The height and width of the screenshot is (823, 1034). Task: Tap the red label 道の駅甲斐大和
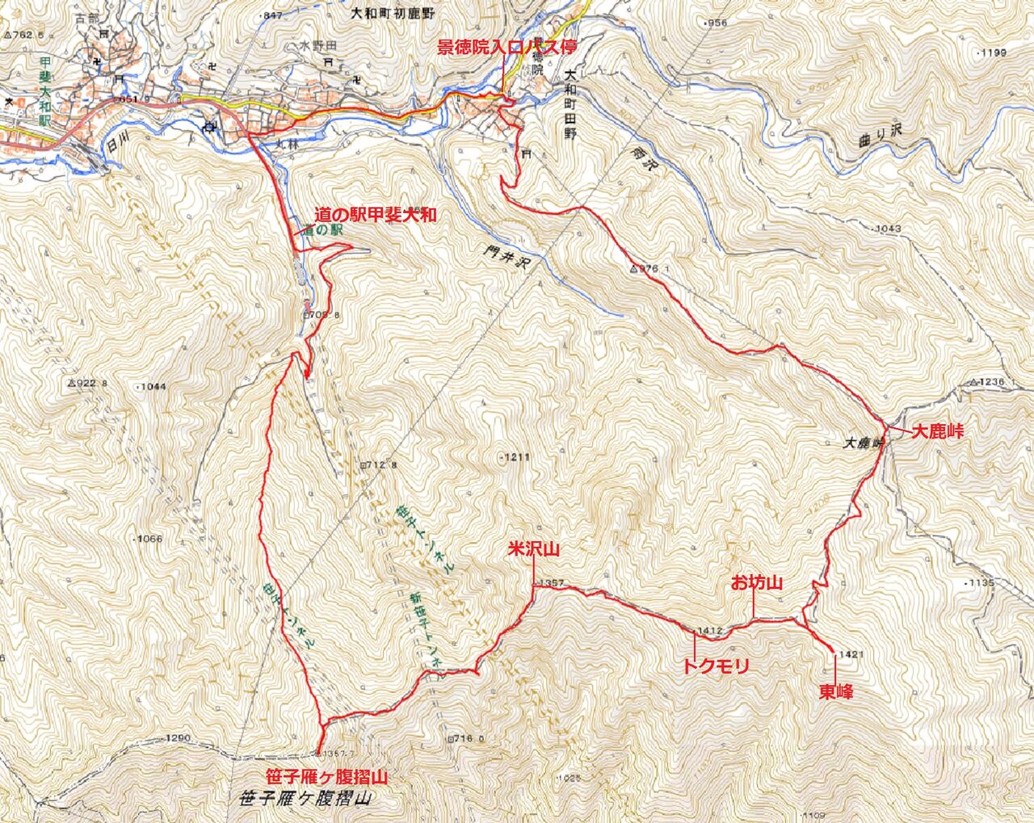(376, 215)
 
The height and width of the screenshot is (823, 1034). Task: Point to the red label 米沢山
(533, 549)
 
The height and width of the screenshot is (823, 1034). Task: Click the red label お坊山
(757, 582)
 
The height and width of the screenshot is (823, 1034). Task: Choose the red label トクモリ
(716, 666)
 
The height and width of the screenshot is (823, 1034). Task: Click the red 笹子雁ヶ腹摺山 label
(327, 777)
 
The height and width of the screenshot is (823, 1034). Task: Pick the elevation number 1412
(707, 630)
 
